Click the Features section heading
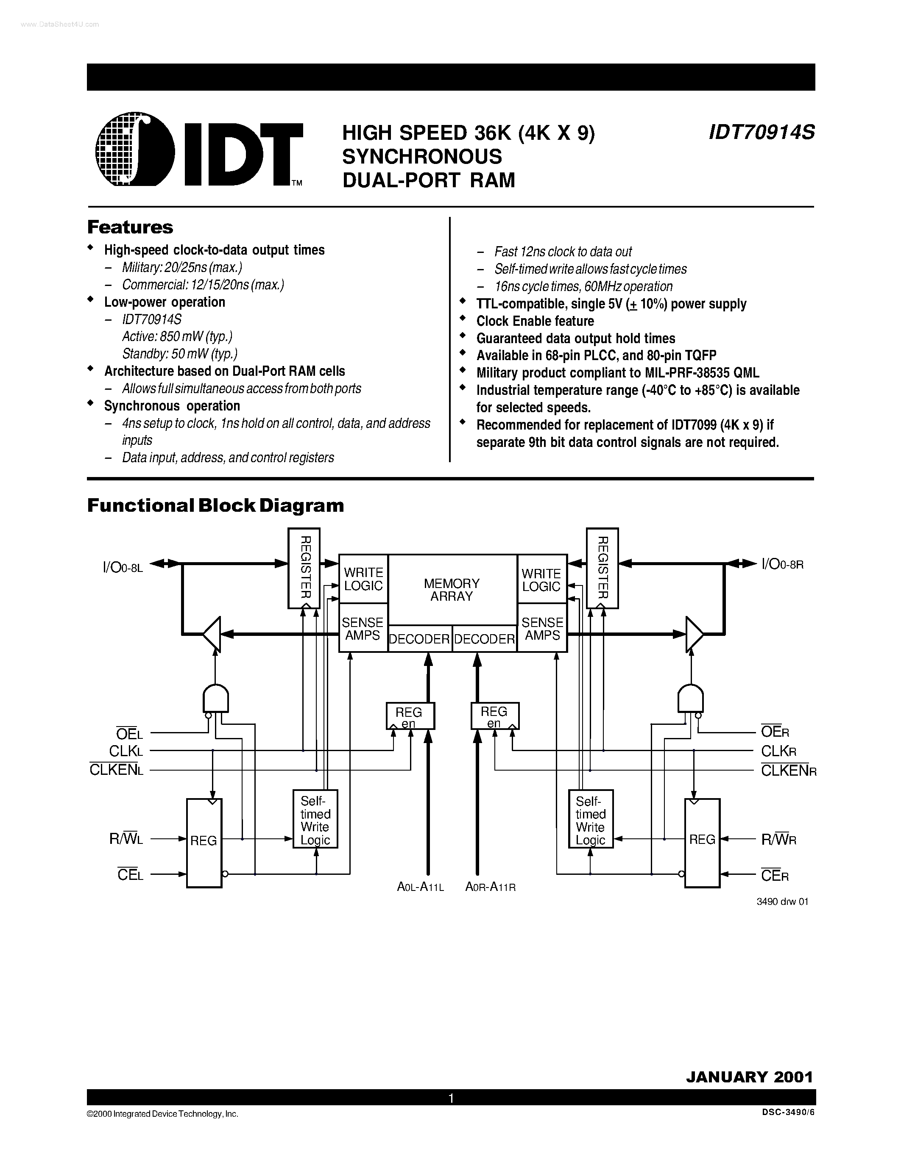pos(130,227)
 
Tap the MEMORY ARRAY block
pos(452,589)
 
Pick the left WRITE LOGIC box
pos(363,579)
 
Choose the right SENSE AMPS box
pos(542,628)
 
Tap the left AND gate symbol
pos(216,698)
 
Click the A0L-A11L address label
pos(421,887)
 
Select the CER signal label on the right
pos(775,875)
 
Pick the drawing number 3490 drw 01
pos(783,901)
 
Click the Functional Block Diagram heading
pos(216,505)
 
